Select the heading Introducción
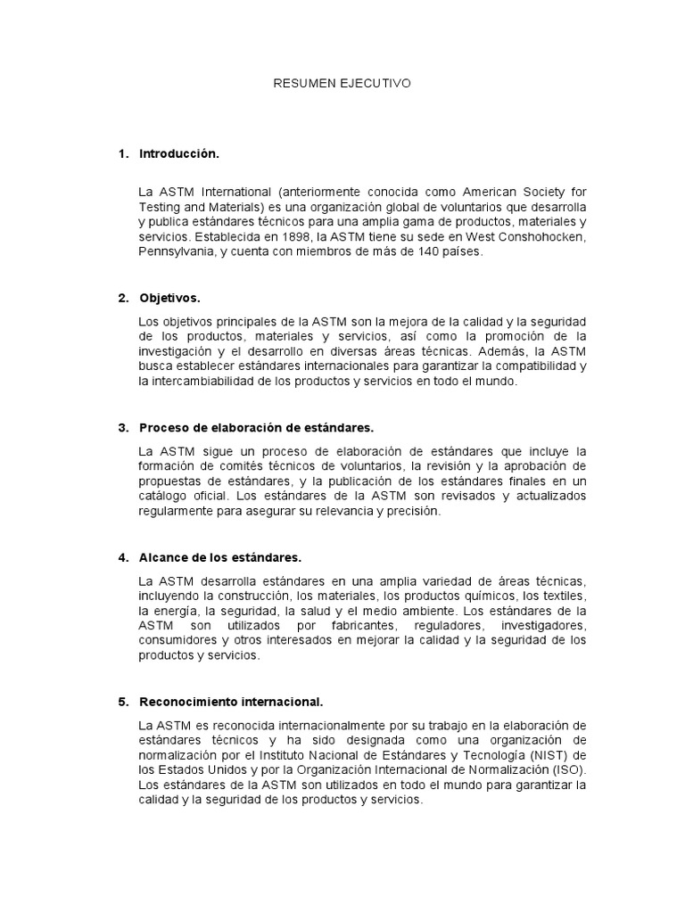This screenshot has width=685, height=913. coord(178,154)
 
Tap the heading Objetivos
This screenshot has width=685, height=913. coord(170,297)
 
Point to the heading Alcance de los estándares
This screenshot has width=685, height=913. coord(220,557)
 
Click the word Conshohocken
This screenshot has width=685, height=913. coord(538,238)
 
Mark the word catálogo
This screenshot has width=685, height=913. coord(168,497)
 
